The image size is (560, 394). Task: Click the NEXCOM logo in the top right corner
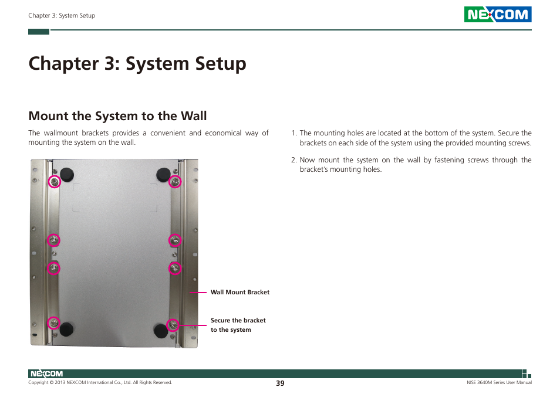(x=497, y=15)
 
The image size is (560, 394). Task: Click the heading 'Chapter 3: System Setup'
(x=137, y=63)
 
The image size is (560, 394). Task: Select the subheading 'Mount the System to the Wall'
(x=117, y=116)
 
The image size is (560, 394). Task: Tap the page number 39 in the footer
(x=280, y=383)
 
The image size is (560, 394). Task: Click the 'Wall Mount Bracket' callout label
(x=240, y=292)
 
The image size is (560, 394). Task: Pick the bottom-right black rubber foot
(x=160, y=330)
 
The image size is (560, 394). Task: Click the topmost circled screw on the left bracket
(x=54, y=182)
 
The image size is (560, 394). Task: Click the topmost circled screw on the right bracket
(x=175, y=182)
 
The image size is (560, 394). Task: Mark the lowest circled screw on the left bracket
(x=53, y=323)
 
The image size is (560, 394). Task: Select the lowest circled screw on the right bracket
(x=173, y=324)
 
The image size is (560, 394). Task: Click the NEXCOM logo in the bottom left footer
(x=46, y=373)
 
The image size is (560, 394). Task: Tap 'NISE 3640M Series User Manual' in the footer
(x=495, y=383)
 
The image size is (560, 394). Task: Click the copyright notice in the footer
(x=100, y=383)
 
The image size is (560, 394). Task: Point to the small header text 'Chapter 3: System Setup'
(x=62, y=16)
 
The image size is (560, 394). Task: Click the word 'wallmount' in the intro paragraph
(x=62, y=133)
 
